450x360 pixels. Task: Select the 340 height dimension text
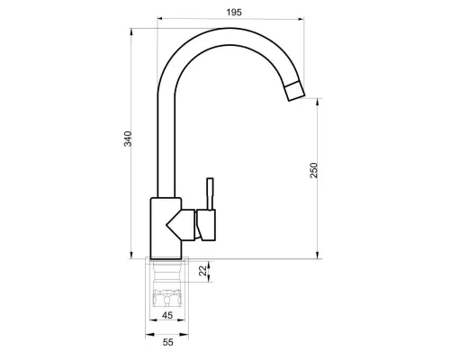[x=129, y=139]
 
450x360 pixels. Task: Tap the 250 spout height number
[x=314, y=170]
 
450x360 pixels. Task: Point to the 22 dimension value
[x=202, y=267]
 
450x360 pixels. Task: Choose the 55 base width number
[x=167, y=344]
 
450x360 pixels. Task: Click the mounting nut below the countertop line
[x=168, y=292]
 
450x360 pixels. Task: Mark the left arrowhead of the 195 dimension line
[x=160, y=18]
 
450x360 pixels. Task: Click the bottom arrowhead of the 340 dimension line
[x=135, y=255]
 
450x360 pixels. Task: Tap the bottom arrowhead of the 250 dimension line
[x=320, y=255]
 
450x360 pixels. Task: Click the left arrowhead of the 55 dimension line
[x=148, y=335]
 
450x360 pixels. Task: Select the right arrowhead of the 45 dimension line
[x=186, y=322]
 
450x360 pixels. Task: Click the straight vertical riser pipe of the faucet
[x=166, y=144]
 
